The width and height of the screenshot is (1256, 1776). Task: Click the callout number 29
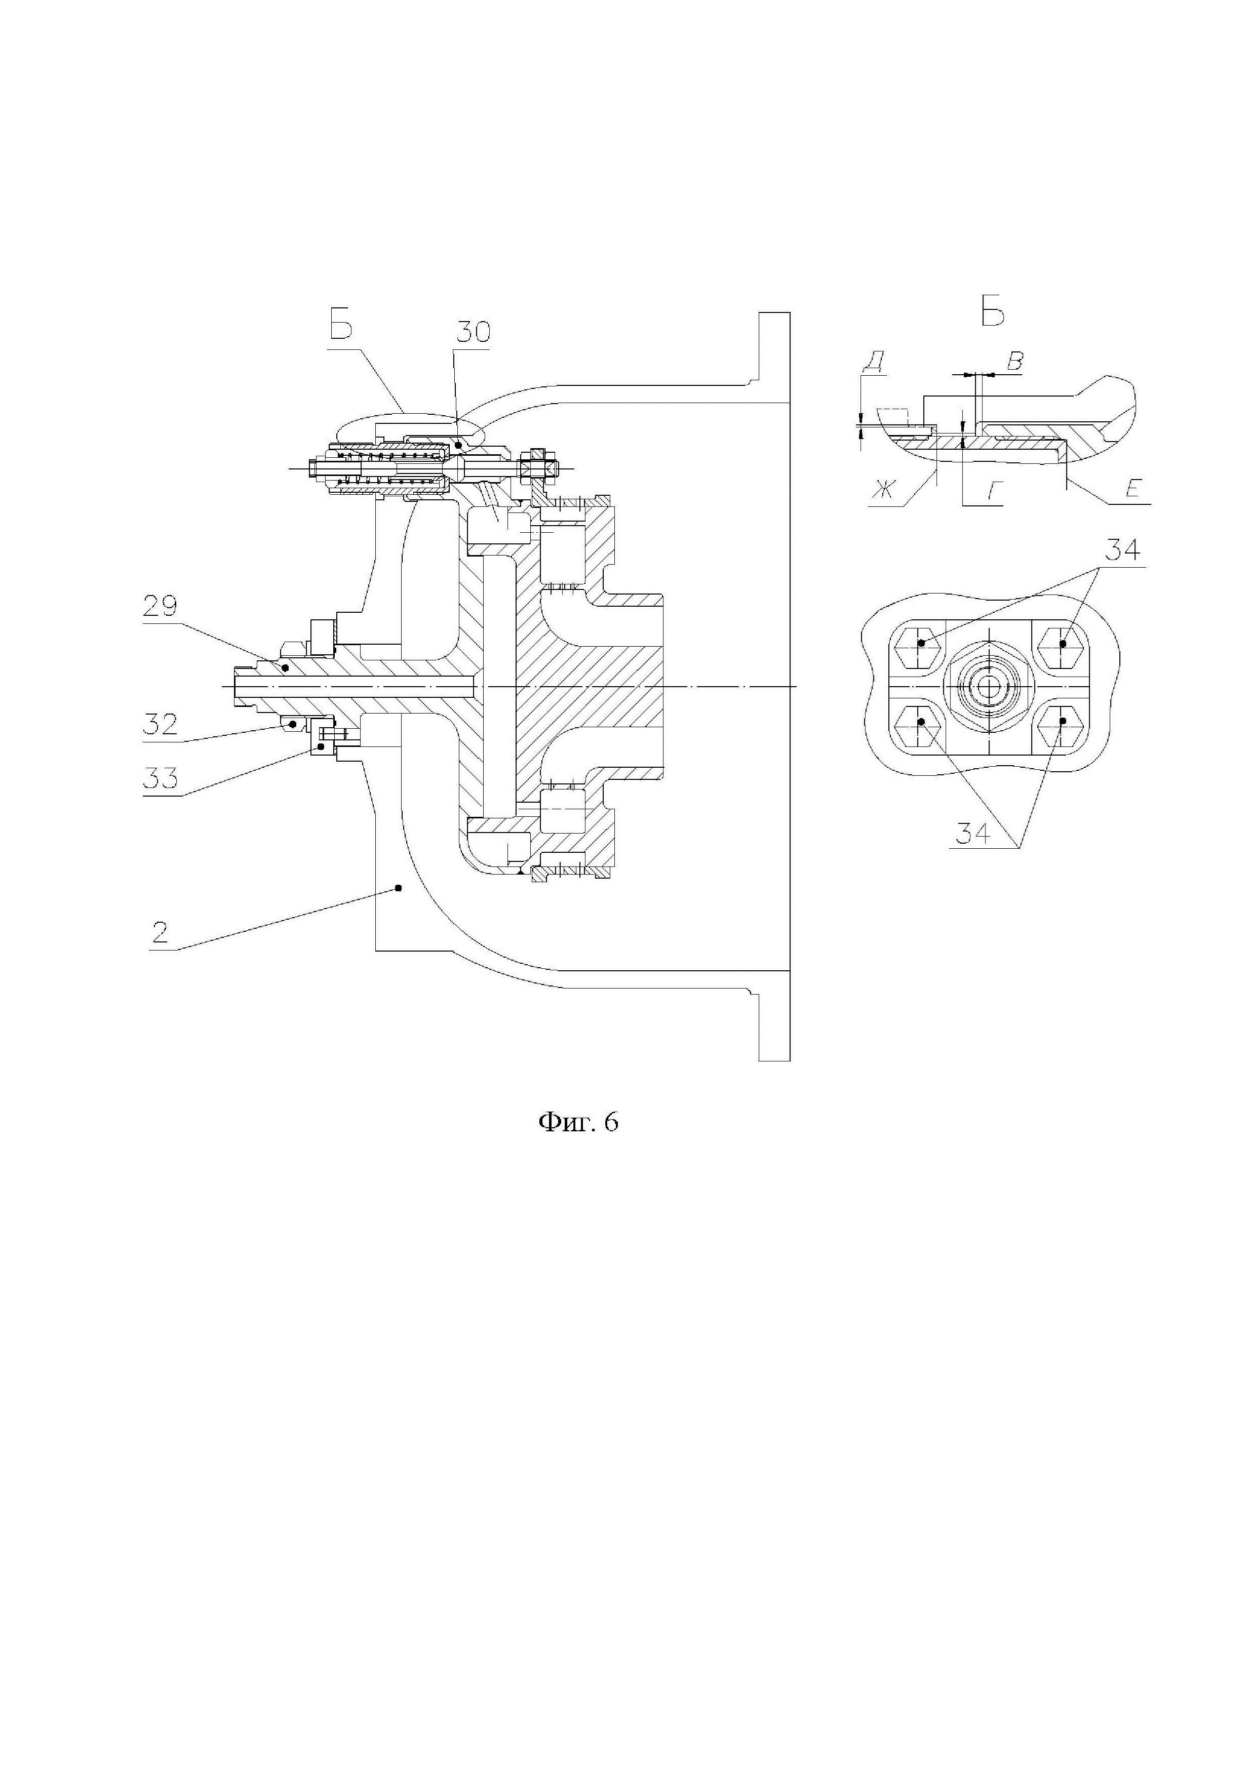[x=160, y=607]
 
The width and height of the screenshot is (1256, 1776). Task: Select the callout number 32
[x=160, y=724]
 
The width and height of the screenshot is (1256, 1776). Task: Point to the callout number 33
[x=160, y=777]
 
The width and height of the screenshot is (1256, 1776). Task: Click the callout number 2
[x=160, y=932]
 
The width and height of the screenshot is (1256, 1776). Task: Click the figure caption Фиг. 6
[x=578, y=1122]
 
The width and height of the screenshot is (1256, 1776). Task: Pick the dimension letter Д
[x=873, y=361]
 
